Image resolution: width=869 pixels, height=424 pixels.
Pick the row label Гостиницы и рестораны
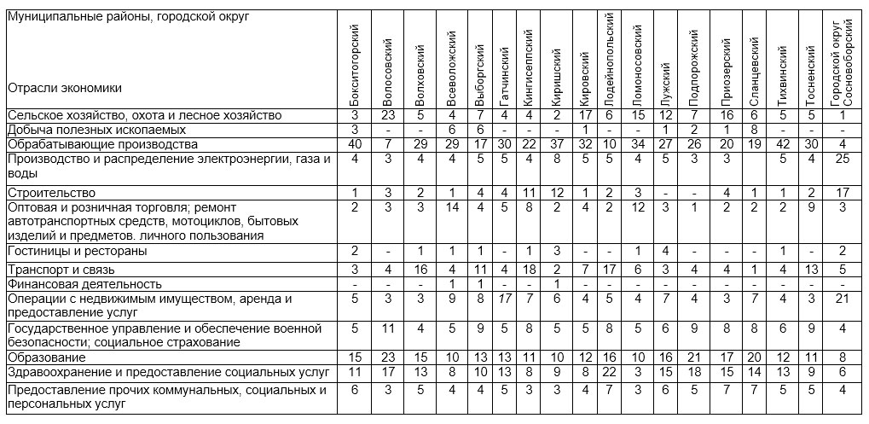coord(76,251)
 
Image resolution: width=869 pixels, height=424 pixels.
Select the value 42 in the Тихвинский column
coord(783,143)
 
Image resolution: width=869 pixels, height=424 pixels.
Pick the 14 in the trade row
coord(451,207)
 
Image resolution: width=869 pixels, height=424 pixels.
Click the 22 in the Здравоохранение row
coord(608,373)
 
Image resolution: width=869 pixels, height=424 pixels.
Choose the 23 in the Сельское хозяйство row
coord(387,114)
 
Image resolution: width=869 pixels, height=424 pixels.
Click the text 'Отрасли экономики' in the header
coord(64,88)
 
